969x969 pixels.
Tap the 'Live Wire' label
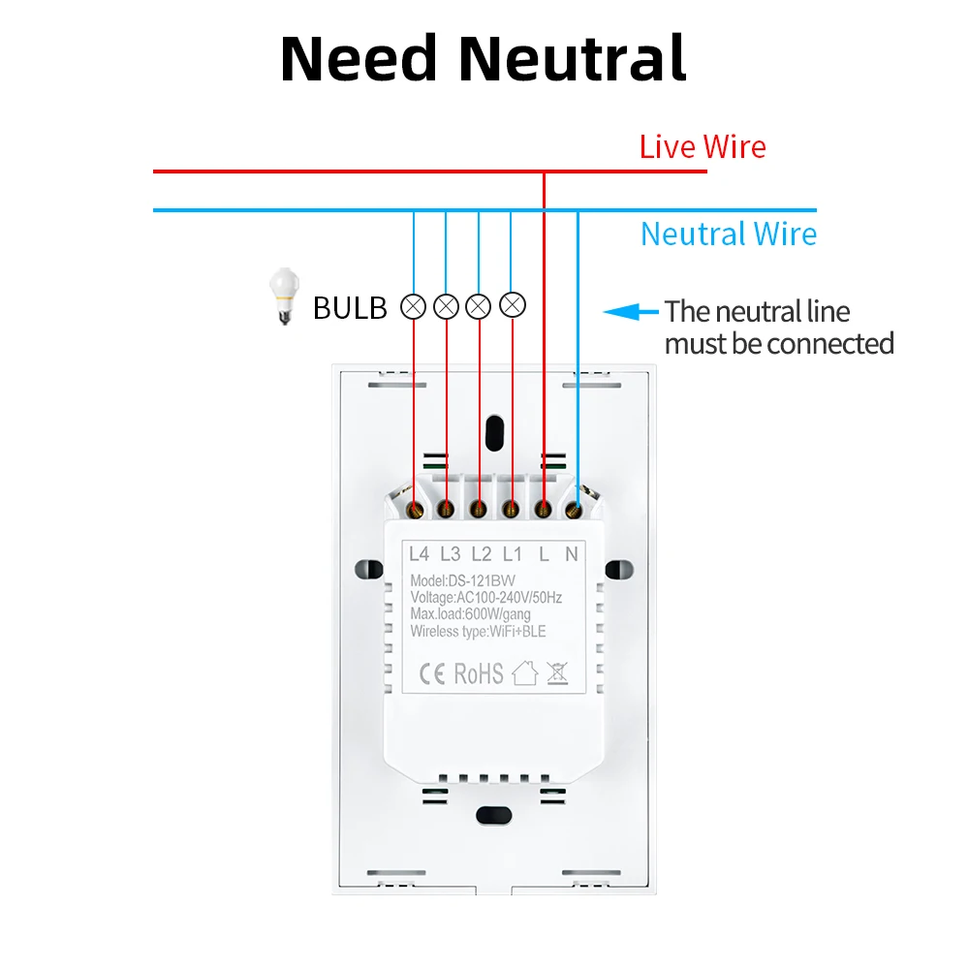coord(702,147)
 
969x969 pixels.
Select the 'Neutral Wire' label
coord(729,234)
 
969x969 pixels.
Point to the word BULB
coord(350,308)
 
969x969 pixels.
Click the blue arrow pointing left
coord(628,312)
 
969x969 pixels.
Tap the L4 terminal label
coord(419,554)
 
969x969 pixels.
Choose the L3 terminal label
coord(450,554)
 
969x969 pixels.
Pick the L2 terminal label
coord(481,554)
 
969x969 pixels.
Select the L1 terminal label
coord(513,554)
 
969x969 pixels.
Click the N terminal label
coord(572,554)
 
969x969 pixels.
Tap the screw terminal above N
coord(574,507)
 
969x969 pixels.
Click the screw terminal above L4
coord(416,507)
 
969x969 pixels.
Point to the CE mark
coord(431,672)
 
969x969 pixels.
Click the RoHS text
coord(479,672)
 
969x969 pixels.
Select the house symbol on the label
coord(524,672)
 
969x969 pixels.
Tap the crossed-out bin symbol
coord(556,672)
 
